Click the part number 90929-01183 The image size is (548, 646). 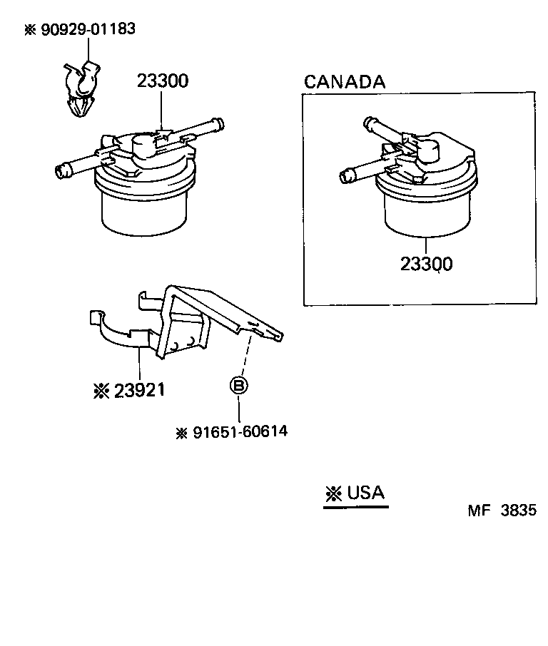coord(86,29)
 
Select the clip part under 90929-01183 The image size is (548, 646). coord(80,89)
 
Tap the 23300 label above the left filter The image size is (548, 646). coord(163,81)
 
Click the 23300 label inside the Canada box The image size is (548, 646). coord(426,265)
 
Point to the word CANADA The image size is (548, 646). coord(345,81)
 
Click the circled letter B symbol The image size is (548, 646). coord(238,386)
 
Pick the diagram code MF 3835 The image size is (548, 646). coord(501,511)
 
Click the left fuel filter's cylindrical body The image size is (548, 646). coord(145,210)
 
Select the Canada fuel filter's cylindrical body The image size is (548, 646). coord(426,214)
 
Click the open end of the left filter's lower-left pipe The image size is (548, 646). coord(61,170)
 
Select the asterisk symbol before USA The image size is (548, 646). coord(333,493)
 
